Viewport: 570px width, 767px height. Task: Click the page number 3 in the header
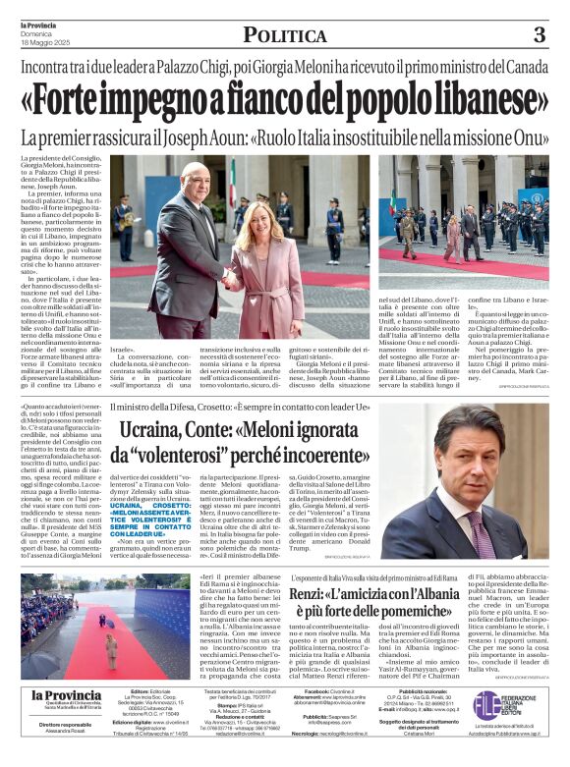click(539, 35)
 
